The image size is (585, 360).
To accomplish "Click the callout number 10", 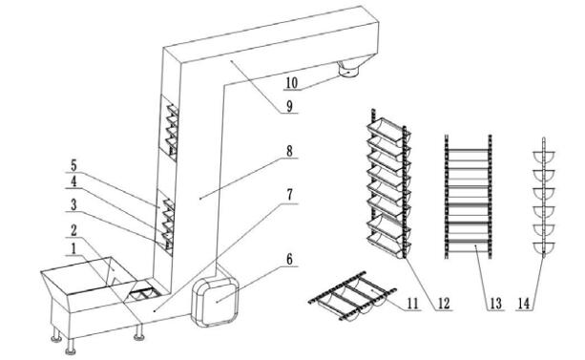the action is pyautogui.click(x=292, y=83).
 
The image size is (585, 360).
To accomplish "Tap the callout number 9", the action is pyautogui.click(x=290, y=106).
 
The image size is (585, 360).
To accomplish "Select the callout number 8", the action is pyautogui.click(x=289, y=151).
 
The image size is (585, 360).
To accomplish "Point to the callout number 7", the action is pyautogui.click(x=290, y=196).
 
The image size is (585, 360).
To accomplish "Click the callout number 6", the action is pyautogui.click(x=290, y=259).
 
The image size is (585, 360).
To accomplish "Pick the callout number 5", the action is pyautogui.click(x=73, y=165).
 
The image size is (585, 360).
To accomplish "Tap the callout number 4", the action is pyautogui.click(x=73, y=181).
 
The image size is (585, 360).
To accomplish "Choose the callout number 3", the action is pyautogui.click(x=73, y=204).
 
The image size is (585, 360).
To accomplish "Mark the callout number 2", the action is pyautogui.click(x=73, y=230).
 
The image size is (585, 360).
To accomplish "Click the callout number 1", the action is pyautogui.click(x=73, y=248).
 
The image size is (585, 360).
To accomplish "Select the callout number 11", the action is pyautogui.click(x=412, y=304).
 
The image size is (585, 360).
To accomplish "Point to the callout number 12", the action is pyautogui.click(x=444, y=304).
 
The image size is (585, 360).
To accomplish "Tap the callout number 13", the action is pyautogui.click(x=496, y=304).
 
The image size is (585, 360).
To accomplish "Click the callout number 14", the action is pyautogui.click(x=524, y=304).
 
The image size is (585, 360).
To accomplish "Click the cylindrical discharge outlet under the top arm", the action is pyautogui.click(x=349, y=70).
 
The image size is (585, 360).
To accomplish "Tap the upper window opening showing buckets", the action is pyautogui.click(x=169, y=128).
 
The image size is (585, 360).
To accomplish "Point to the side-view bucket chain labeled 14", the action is pyautogui.click(x=544, y=198).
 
